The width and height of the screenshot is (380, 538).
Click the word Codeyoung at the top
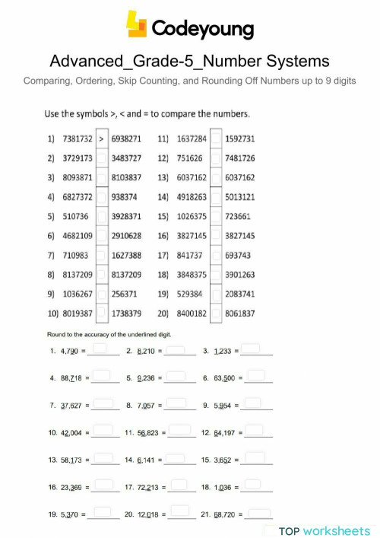coord(201,28)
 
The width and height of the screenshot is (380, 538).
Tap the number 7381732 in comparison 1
coord(77,139)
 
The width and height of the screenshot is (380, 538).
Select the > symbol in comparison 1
coord(102,139)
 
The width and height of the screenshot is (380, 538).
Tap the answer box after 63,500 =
coord(257,376)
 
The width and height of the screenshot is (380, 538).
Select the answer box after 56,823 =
coord(180,431)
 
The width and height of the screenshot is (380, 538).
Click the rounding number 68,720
coord(225,514)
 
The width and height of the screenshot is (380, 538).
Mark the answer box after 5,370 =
coord(104,514)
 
